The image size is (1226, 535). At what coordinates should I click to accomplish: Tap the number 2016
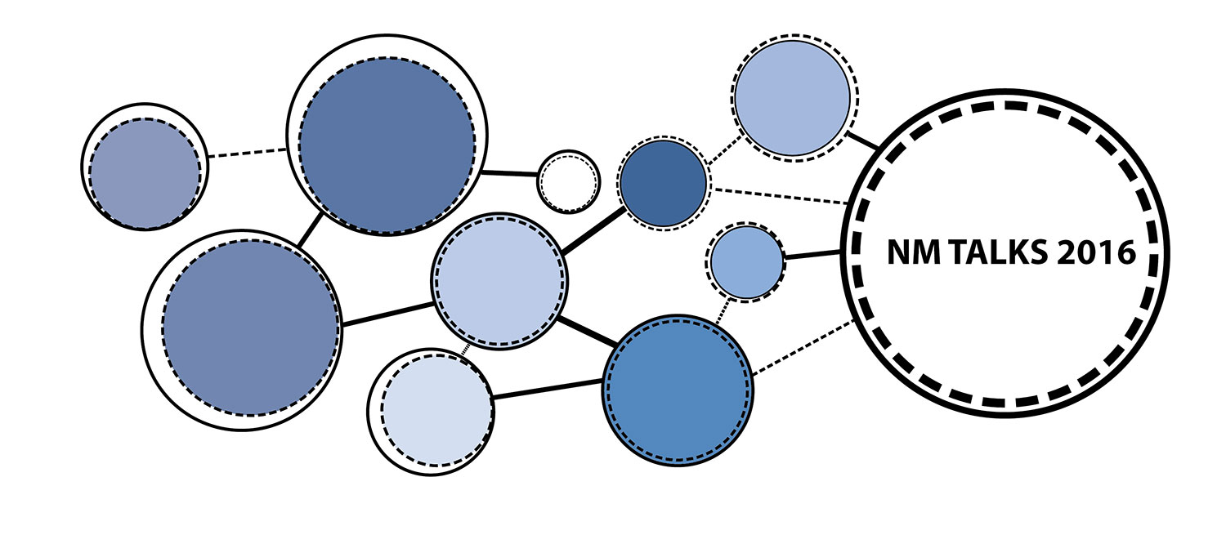point(1096,252)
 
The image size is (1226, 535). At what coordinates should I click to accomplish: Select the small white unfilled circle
point(569,182)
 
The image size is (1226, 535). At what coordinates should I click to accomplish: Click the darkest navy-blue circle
point(664,183)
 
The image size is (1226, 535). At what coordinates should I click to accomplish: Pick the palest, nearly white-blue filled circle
point(431,412)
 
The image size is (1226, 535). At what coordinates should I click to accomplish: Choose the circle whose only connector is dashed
point(145,167)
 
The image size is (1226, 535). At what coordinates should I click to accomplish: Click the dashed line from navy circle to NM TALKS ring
point(781,197)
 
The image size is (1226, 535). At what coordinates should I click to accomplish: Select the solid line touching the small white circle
point(509,173)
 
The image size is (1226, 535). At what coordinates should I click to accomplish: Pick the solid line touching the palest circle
point(548,389)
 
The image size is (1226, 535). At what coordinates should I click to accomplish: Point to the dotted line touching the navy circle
point(723,149)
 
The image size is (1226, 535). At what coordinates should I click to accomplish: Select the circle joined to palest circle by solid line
point(678,390)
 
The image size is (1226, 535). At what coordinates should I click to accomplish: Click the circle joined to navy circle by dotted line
point(794,98)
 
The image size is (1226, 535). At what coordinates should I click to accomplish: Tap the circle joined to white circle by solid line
point(387,135)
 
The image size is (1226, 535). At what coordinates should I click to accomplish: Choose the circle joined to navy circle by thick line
point(499,282)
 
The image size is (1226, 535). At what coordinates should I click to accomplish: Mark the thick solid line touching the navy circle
point(594,230)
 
